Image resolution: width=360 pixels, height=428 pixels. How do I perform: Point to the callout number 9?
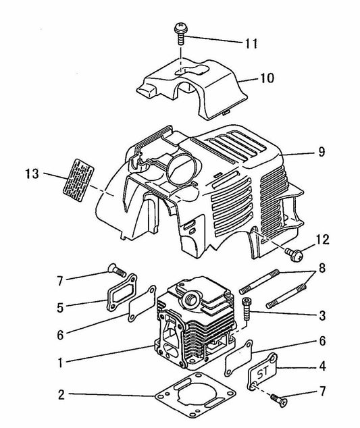317,153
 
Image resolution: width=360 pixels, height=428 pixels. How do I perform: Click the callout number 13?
32,175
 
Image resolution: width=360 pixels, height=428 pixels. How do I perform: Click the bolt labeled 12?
294,254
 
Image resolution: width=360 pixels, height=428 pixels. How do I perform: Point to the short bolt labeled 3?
246,309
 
